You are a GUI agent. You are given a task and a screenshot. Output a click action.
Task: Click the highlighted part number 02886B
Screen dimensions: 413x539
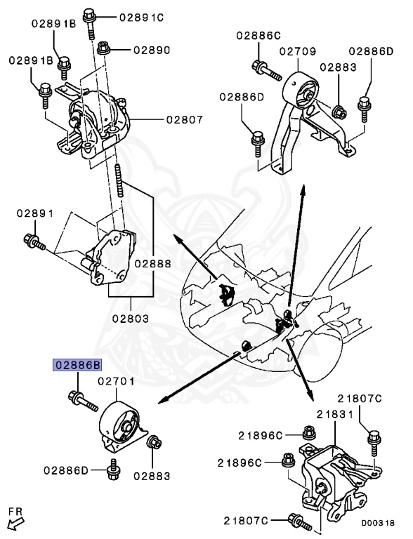(77, 365)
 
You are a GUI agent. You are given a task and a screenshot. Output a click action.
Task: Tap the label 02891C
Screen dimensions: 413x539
(141, 17)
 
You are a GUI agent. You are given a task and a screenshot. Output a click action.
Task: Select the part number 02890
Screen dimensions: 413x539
(152, 51)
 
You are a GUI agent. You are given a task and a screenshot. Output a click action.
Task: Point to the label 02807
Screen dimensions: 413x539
(185, 119)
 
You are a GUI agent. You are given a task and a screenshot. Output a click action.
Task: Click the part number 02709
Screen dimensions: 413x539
(297, 51)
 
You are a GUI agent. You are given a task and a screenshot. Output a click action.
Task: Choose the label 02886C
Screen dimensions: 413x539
(258, 35)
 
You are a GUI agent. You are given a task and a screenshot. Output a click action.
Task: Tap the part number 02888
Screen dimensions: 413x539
(152, 264)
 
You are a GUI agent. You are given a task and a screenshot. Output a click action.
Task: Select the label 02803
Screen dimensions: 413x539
(131, 319)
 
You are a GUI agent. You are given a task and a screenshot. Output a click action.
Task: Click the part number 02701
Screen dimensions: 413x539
(116, 381)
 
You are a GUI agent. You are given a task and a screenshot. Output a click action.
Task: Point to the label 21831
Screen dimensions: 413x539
(335, 415)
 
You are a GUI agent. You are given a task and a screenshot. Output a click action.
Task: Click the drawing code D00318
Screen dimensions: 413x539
(378, 523)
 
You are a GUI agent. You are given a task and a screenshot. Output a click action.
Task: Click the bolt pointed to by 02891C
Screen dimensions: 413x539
(89, 23)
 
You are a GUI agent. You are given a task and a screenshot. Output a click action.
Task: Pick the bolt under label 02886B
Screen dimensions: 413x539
(84, 401)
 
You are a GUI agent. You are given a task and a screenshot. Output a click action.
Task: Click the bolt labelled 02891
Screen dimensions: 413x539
(34, 241)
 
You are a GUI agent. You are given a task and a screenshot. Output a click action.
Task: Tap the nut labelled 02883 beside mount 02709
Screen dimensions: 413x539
(339, 112)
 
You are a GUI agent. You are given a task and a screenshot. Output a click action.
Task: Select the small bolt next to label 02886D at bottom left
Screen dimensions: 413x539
(112, 470)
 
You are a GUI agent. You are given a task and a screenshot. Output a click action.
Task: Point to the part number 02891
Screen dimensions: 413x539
(35, 213)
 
